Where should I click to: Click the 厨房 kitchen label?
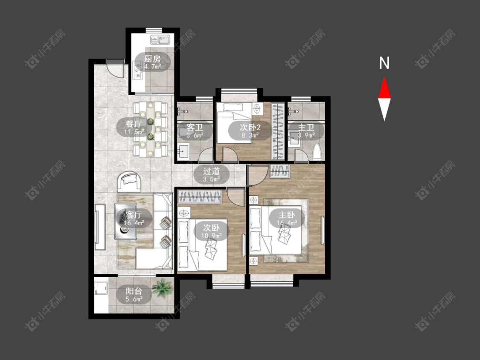point(152,58)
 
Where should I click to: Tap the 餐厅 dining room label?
point(134,124)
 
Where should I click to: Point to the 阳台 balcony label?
point(134,291)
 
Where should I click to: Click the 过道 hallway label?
point(211,171)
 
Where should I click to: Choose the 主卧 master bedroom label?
point(287,215)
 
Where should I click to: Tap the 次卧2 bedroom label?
point(250,127)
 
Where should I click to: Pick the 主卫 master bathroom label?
point(306,127)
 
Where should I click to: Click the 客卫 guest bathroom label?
point(195,127)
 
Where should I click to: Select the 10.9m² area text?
point(211,236)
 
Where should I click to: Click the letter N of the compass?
point(384,63)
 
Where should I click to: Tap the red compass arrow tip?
point(384,78)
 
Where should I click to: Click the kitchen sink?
point(160,40)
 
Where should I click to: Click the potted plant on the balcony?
point(162,288)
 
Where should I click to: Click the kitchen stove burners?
point(137,70)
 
